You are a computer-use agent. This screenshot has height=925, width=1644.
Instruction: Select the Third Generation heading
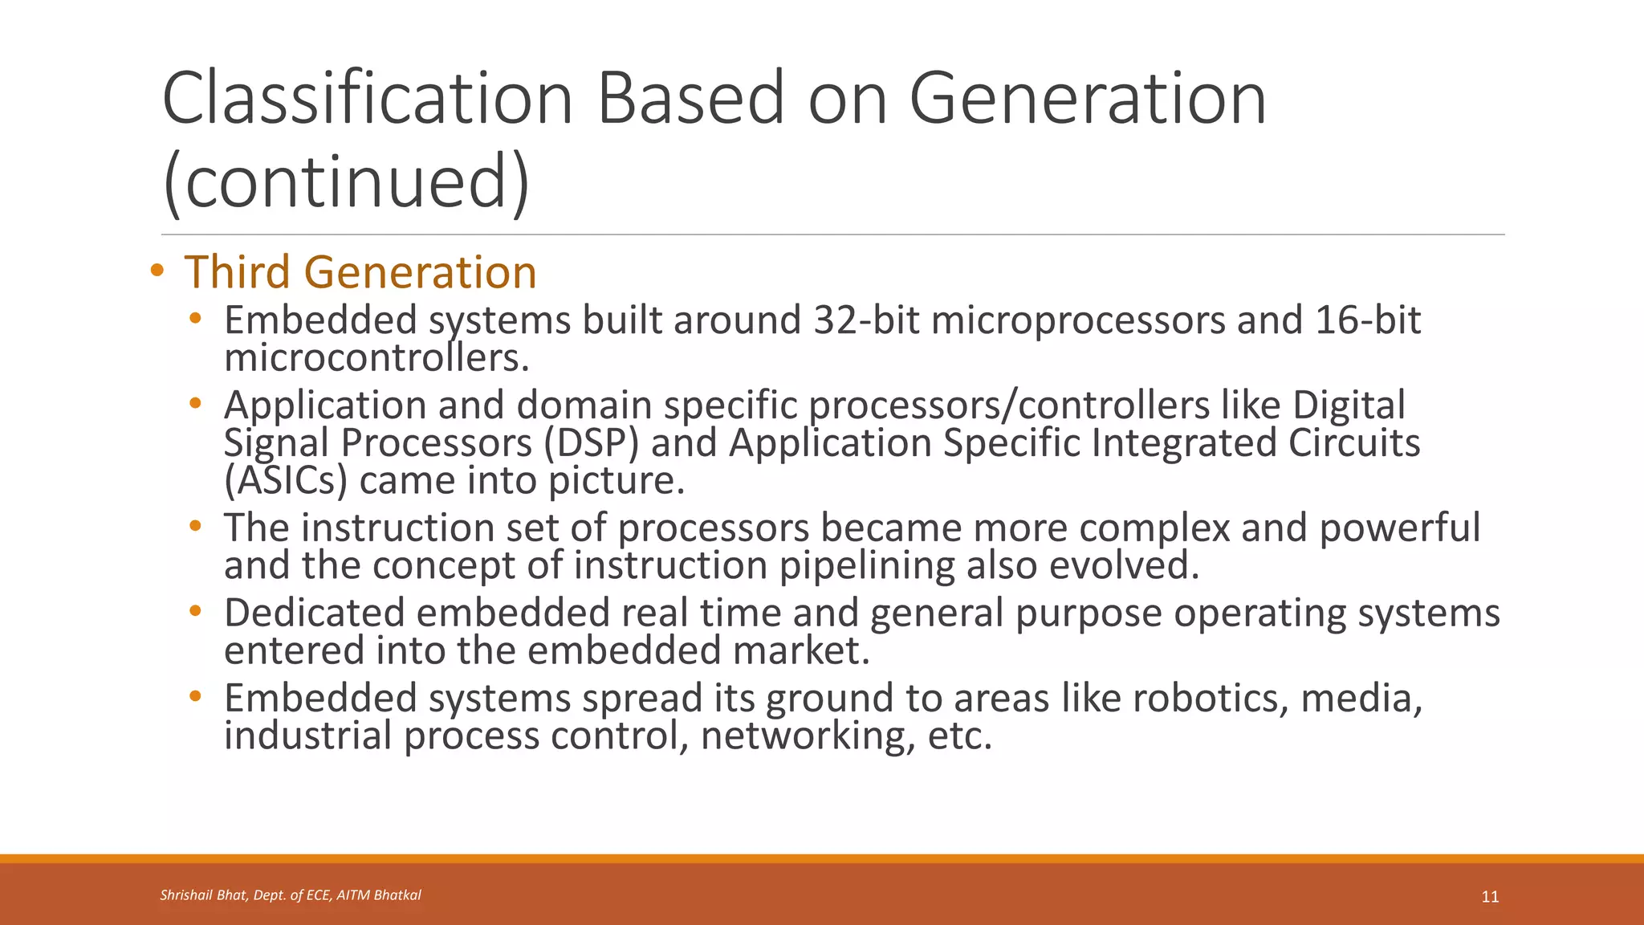(x=360, y=272)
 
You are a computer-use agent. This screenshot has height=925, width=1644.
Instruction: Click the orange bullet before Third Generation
(x=157, y=271)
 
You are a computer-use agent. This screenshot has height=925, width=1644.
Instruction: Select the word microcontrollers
(x=376, y=358)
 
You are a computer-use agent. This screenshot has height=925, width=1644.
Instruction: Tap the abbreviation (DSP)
(x=591, y=443)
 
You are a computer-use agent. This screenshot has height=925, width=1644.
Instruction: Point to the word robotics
(x=1210, y=698)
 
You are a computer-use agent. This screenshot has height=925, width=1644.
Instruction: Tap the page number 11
(x=1490, y=897)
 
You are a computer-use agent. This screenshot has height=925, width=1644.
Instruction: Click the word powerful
(x=1399, y=528)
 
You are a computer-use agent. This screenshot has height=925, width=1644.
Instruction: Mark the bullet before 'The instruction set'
(x=195, y=527)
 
